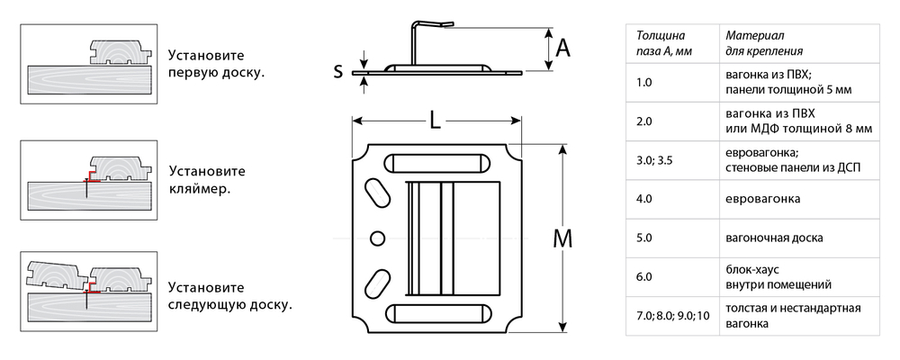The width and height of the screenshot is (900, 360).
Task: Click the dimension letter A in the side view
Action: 563,49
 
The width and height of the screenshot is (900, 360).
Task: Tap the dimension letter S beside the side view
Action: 338,71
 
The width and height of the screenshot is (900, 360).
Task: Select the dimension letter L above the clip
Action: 436,121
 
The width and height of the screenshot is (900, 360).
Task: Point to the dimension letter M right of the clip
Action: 562,238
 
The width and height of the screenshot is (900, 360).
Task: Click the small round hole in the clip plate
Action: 377,238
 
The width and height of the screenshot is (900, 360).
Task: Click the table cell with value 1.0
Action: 672,83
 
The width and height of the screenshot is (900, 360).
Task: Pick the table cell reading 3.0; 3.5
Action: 672,161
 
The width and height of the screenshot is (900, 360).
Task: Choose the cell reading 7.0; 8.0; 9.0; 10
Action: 672,316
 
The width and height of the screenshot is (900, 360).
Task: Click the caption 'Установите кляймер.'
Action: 207,179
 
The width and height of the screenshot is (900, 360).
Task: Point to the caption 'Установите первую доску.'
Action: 216,64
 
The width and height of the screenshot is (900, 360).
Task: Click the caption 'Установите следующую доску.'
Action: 230,296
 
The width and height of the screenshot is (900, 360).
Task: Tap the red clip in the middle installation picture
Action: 93,176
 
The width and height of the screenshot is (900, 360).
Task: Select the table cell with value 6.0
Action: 672,277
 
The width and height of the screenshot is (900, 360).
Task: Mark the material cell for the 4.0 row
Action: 799,199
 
